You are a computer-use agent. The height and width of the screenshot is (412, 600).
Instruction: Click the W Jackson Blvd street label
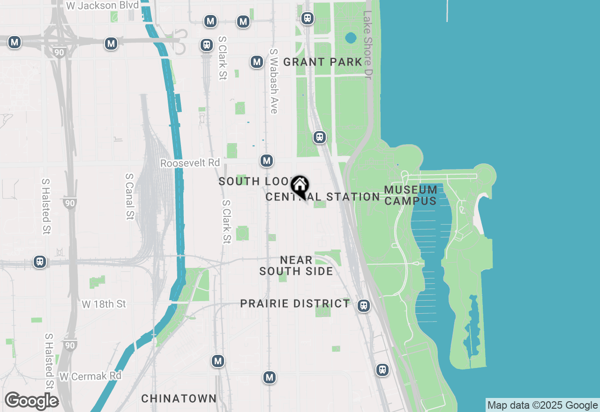103,6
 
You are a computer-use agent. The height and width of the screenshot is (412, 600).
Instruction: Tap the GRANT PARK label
322,62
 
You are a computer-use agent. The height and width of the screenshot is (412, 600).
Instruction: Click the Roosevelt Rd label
190,163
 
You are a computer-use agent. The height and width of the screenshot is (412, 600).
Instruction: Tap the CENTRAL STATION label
322,197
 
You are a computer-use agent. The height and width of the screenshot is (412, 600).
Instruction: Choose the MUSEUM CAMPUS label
411,195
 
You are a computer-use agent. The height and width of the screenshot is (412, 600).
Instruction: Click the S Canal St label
129,197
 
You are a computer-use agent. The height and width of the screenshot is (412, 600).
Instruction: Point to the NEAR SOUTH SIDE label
296,265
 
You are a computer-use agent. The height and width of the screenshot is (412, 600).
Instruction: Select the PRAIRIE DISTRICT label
295,303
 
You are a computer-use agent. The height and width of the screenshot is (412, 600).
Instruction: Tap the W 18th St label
104,304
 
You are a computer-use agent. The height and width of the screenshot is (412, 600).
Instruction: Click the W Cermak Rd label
90,376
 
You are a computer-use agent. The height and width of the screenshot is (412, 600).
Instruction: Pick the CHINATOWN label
179,398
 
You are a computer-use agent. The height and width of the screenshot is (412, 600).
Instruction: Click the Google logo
31,401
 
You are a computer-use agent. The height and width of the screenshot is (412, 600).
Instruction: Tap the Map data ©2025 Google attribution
542,405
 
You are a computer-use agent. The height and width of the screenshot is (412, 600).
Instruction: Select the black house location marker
300,186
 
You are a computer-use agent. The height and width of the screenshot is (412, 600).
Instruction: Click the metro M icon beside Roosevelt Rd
267,161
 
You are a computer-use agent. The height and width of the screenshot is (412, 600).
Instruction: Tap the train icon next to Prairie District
363,306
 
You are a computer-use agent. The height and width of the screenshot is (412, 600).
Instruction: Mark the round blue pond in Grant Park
351,37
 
